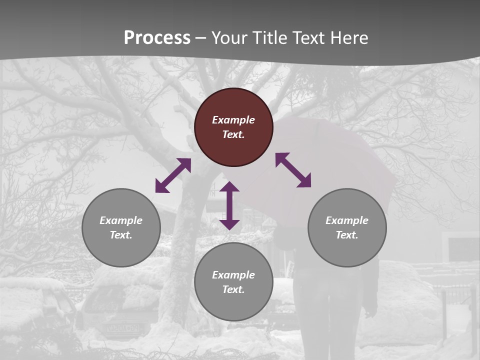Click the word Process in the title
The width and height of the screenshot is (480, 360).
157,38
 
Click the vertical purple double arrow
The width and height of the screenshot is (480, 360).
229,205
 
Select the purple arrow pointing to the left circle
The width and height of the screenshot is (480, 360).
173,175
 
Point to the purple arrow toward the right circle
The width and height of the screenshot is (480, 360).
293,170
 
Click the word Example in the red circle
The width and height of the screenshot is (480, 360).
233,120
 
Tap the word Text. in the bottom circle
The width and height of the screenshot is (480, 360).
233,289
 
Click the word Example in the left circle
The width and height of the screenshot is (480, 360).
121,220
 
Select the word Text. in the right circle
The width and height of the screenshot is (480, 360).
347,235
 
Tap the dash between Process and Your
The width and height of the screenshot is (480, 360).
200,38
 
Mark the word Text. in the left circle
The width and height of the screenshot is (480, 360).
121,235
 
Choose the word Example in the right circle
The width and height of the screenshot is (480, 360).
347,220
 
